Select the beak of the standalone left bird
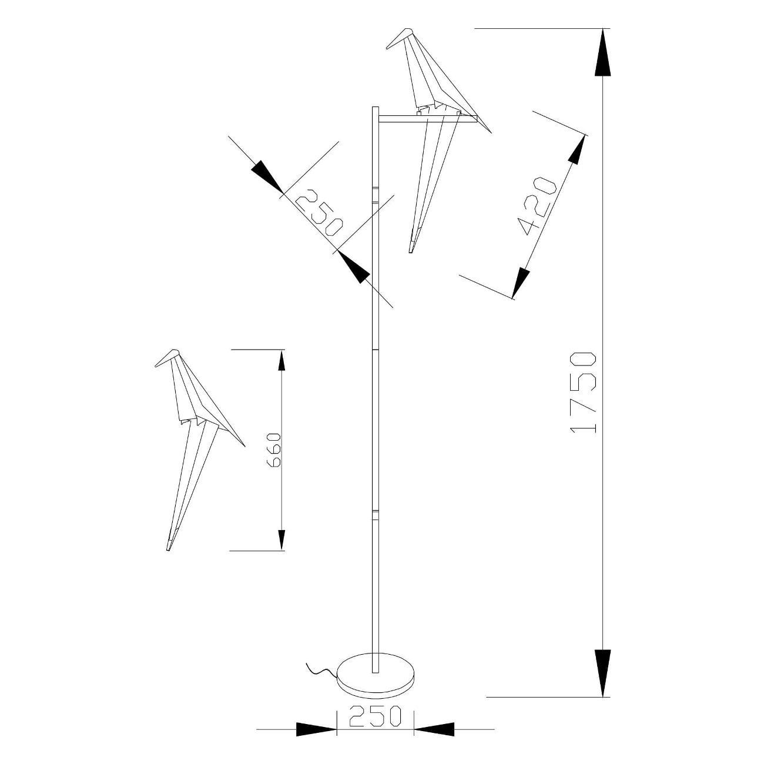[x=163, y=358]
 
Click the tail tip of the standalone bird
[x=168, y=549]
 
